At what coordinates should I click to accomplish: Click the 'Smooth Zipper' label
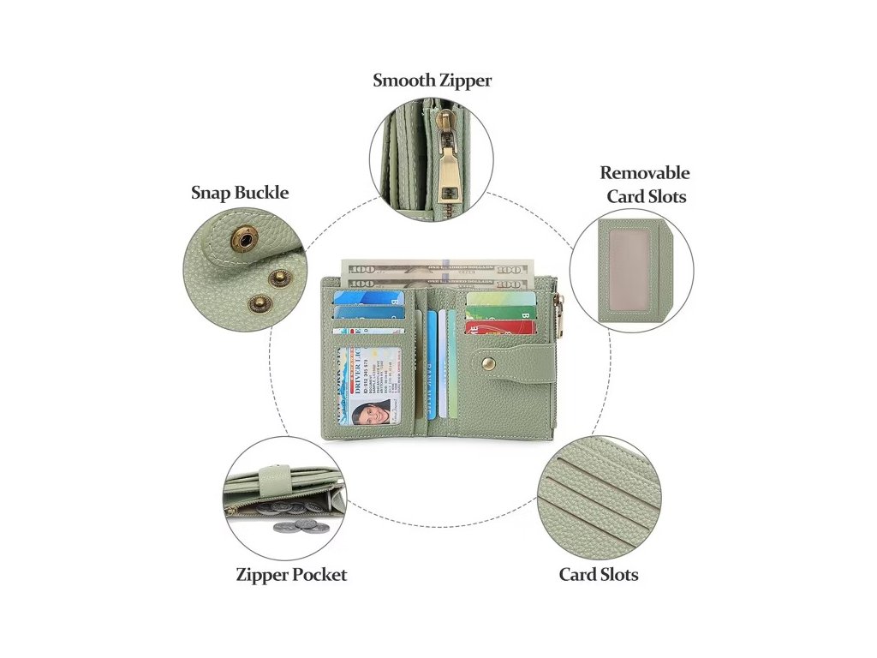pyautogui.click(x=432, y=81)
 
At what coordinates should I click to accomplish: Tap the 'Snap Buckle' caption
pyautogui.click(x=239, y=193)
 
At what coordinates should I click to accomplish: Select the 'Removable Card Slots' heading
pyautogui.click(x=645, y=184)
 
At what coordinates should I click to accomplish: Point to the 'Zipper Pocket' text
pyautogui.click(x=291, y=575)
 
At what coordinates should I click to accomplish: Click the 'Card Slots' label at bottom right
pyautogui.click(x=599, y=575)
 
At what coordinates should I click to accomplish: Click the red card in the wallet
pyautogui.click(x=500, y=328)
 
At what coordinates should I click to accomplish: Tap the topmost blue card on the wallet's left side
pyautogui.click(x=367, y=298)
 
